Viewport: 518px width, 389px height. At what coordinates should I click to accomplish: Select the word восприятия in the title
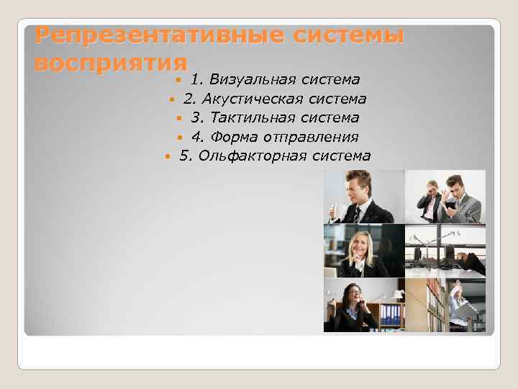pyautogui.click(x=112, y=62)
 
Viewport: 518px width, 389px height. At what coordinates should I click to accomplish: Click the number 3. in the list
pyautogui.click(x=197, y=117)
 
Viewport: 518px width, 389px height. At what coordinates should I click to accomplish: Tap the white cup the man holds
pyautogui.click(x=335, y=211)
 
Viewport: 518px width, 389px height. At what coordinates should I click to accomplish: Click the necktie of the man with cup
pyautogui.click(x=357, y=213)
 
